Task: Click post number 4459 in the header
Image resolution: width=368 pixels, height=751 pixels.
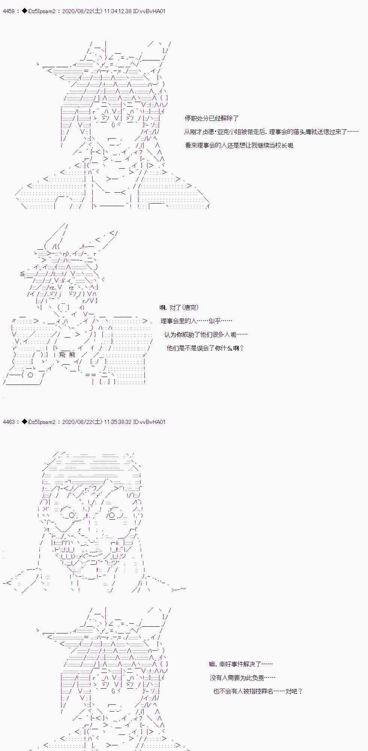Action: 9,11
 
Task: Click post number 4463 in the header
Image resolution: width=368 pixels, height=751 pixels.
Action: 9,422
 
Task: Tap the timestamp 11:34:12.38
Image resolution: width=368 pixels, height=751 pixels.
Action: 118,11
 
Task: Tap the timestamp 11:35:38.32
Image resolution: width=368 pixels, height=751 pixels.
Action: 118,422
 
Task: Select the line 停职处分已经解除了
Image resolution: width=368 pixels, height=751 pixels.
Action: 212,118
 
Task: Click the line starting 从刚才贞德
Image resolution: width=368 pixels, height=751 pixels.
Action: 271,132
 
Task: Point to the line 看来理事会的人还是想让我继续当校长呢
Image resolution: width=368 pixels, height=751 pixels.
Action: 239,145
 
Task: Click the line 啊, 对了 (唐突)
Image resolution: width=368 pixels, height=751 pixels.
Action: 179,308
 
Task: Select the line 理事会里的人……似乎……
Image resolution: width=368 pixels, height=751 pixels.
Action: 197,321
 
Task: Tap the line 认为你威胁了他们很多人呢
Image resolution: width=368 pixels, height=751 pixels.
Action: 206,335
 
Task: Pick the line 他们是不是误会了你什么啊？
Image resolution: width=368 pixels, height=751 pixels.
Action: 205,348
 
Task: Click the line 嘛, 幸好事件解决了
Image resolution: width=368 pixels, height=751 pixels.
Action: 241,664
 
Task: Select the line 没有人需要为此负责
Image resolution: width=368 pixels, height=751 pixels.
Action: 242,678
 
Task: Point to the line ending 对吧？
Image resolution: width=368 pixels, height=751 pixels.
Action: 258,691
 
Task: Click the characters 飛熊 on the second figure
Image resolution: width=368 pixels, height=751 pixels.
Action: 67,355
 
